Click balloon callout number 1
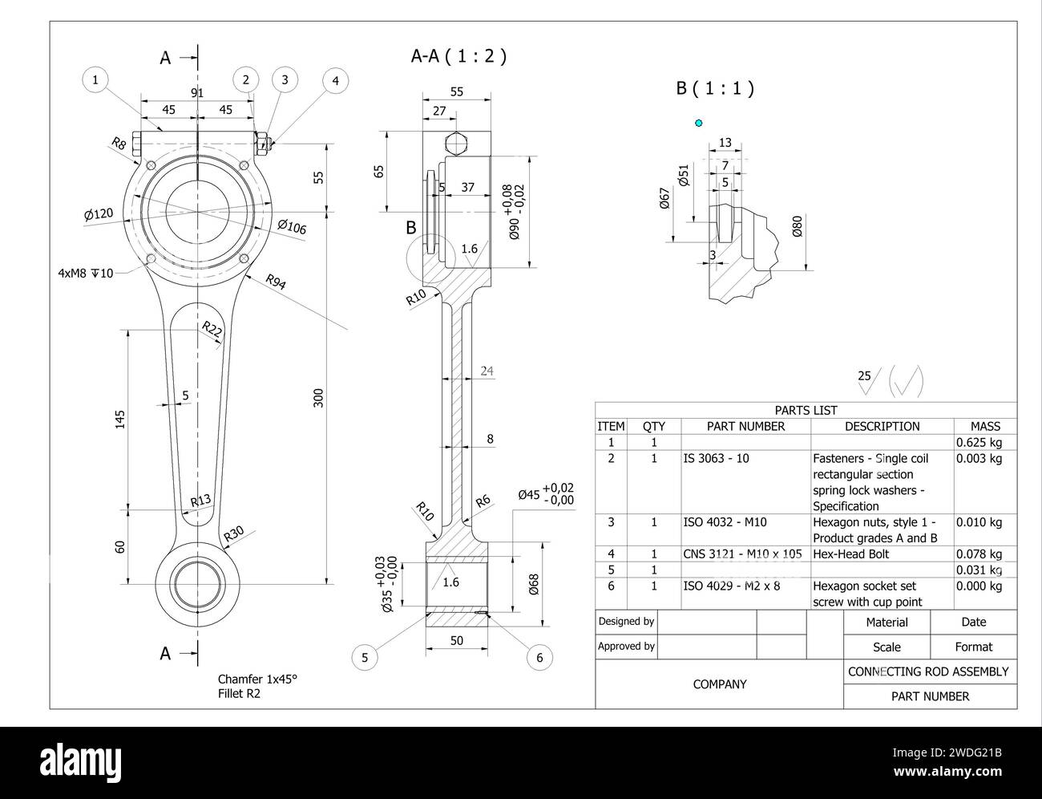pyautogui.click(x=95, y=79)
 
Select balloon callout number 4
pyautogui.click(x=336, y=80)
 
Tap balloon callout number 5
pyautogui.click(x=365, y=658)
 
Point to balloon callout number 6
pyautogui.click(x=539, y=658)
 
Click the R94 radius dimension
pyautogui.click(x=275, y=282)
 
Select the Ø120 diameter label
pyautogui.click(x=98, y=214)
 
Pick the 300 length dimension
pyautogui.click(x=318, y=397)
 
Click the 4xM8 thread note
pyautogui.click(x=86, y=273)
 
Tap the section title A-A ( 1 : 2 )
pyautogui.click(x=458, y=56)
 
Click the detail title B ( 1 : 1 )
pyautogui.click(x=715, y=88)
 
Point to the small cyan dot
pyautogui.click(x=699, y=123)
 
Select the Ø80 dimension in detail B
pyautogui.click(x=797, y=227)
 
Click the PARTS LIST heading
pyautogui.click(x=806, y=410)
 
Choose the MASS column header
pyautogui.click(x=985, y=426)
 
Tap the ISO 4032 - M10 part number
pyautogui.click(x=725, y=522)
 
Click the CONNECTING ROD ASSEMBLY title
pyautogui.click(x=928, y=671)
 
